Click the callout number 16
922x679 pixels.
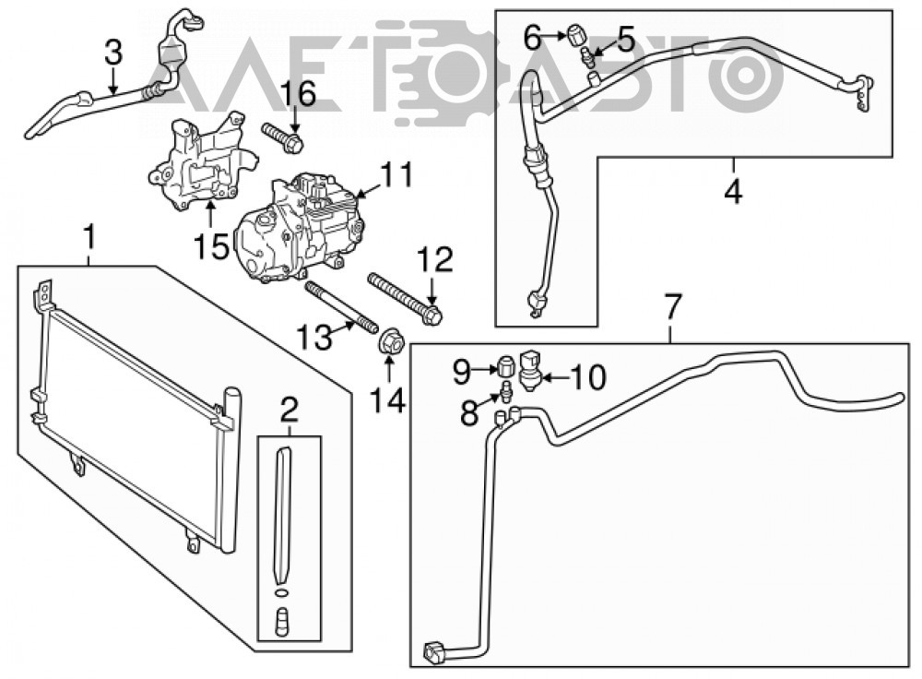point(298,94)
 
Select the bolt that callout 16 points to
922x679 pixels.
point(283,136)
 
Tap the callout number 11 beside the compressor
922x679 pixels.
point(396,174)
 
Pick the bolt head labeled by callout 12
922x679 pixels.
point(433,316)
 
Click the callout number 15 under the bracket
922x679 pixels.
point(212,246)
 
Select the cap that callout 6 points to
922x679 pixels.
point(575,34)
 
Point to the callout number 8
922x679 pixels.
point(468,412)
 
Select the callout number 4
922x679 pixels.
point(733,191)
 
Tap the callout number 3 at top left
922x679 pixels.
point(112,52)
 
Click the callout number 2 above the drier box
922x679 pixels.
point(290,411)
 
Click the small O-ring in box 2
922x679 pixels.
point(282,592)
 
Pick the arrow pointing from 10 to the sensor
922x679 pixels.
point(553,376)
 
